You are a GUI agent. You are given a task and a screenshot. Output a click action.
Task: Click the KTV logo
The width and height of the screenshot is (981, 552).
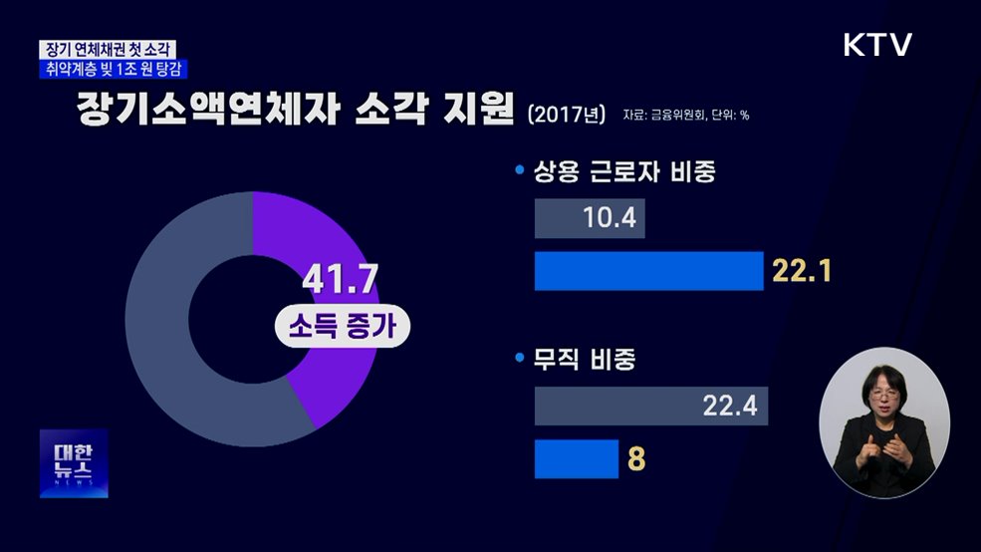click(x=877, y=45)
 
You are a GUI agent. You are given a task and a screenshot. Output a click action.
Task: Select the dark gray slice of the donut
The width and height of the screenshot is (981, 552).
click(x=159, y=329)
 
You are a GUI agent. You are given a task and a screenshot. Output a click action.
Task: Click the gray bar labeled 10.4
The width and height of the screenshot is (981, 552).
click(x=590, y=219)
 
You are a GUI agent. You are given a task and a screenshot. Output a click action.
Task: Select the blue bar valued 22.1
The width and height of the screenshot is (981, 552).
click(x=648, y=271)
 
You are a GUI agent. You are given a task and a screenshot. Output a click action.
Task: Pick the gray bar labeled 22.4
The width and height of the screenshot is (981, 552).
click(x=651, y=407)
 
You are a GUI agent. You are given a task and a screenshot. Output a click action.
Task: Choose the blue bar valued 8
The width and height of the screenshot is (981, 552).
click(x=577, y=459)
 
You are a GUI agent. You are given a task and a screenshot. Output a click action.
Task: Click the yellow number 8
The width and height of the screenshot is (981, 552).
click(x=634, y=460)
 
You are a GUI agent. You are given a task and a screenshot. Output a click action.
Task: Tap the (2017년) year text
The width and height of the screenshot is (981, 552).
click(x=566, y=113)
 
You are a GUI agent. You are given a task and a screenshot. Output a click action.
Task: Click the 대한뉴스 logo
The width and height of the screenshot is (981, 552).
click(x=74, y=463)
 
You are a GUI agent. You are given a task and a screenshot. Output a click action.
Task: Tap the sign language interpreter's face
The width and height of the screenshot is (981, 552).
click(x=882, y=393)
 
